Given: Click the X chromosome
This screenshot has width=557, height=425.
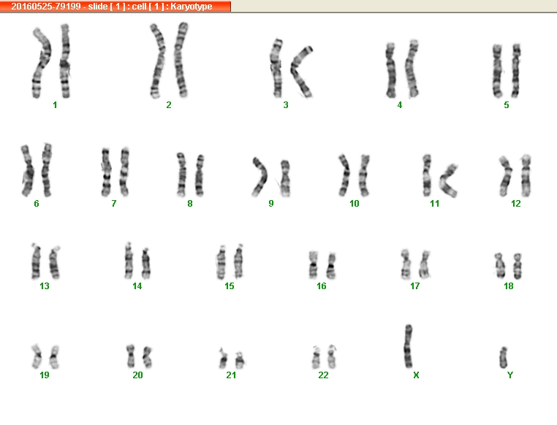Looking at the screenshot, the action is pos(408,346).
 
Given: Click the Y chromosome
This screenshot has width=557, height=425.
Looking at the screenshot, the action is pos(503,358).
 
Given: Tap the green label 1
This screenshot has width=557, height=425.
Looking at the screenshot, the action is pos(55,105).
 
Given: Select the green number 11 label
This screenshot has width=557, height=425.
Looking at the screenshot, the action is pos(434,204).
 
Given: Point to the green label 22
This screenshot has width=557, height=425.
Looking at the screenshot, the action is pos(323,375).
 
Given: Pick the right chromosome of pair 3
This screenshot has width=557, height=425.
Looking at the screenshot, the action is pos(300,71).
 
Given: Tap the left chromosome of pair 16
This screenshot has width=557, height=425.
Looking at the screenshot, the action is pos(313,264).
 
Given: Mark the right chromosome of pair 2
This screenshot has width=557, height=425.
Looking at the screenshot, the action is pos(181,60).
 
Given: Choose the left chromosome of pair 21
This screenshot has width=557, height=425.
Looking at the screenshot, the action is pos(223,359).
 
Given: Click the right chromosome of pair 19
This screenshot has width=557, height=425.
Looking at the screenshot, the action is pos(54,357).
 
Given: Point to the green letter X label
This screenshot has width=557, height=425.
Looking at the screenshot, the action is pos(416,375).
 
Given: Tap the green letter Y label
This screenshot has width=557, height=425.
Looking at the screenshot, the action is pos(510,375).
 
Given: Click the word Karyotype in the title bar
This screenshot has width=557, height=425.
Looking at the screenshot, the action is pos(191,7).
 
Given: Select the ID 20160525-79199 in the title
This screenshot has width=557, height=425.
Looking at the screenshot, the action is pos(46,7).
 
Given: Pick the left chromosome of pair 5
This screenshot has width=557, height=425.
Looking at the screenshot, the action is pos(497,71).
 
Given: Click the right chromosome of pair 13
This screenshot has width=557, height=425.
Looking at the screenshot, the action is pos(54,262).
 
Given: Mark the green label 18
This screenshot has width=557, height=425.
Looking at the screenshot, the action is pos(508,286).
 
